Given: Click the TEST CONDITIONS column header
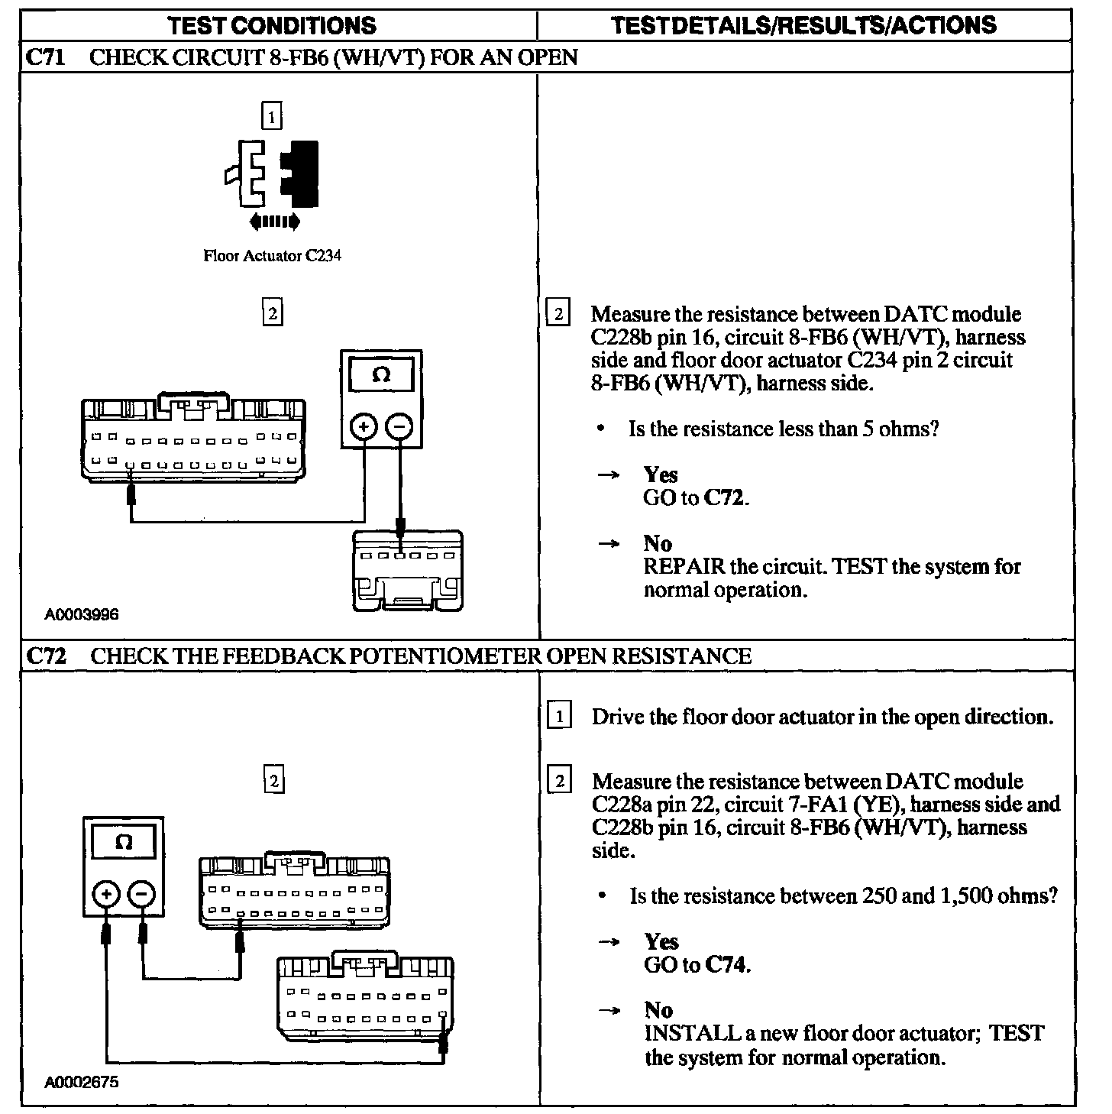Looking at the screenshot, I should [272, 25].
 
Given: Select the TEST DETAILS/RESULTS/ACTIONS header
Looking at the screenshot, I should [804, 25].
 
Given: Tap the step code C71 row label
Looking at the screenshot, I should [45, 57].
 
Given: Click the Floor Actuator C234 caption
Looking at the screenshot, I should [272, 256].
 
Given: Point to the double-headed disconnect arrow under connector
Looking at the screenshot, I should [275, 222].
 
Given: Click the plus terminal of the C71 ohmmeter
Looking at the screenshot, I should [364, 426].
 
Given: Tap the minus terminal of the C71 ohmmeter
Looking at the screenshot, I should [399, 426].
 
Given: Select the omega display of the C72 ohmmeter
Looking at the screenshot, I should [124, 843].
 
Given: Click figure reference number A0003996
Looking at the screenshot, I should [82, 614].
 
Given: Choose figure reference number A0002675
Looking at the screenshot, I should [82, 1082].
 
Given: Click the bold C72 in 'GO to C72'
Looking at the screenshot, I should [724, 498].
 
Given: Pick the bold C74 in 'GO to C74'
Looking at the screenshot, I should [726, 965].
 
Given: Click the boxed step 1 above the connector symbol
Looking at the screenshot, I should [271, 116].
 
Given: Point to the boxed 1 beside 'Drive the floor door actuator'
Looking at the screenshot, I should [560, 717].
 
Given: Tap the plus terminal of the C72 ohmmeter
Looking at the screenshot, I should [106, 894].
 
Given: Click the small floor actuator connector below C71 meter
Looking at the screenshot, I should [408, 570].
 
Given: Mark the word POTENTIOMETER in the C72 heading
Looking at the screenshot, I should [443, 656].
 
